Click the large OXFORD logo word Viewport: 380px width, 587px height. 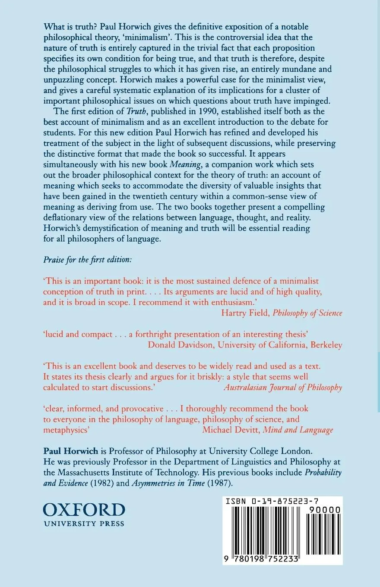pyautogui.click(x=84, y=509)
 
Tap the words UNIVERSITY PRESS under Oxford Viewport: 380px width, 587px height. pyautogui.click(x=84, y=524)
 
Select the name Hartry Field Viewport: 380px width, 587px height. pyautogui.click(x=245, y=313)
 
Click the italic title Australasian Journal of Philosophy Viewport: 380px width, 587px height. pyautogui.click(x=283, y=387)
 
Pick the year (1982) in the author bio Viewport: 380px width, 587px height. pyautogui.click(x=103, y=483)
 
